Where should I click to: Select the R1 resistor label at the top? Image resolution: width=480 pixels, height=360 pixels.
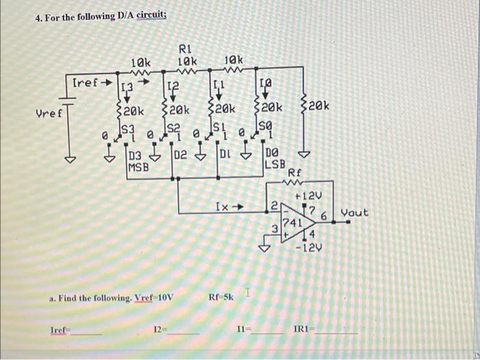(x=186, y=48)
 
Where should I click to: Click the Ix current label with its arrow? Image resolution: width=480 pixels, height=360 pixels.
(x=229, y=205)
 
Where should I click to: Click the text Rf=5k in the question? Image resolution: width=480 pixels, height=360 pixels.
(x=221, y=298)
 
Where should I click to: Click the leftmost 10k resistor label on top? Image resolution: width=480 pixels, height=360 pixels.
(x=142, y=64)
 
